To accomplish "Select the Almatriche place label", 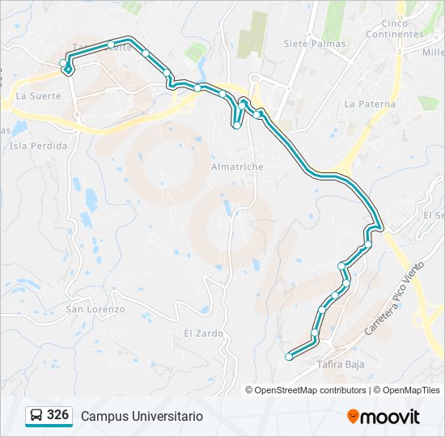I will [237, 167].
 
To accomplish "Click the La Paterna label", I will [370, 104].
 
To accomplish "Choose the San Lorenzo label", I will [95, 309].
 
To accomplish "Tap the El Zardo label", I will [198, 333].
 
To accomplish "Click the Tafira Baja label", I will [341, 364].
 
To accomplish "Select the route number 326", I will [57, 415].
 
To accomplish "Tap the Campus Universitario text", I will [142, 416].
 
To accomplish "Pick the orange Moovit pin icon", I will [353, 416].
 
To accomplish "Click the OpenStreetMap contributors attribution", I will [310, 390].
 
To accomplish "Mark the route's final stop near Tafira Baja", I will [289, 356].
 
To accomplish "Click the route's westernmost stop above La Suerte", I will [63, 62].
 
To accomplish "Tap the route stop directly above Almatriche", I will [236, 125].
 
